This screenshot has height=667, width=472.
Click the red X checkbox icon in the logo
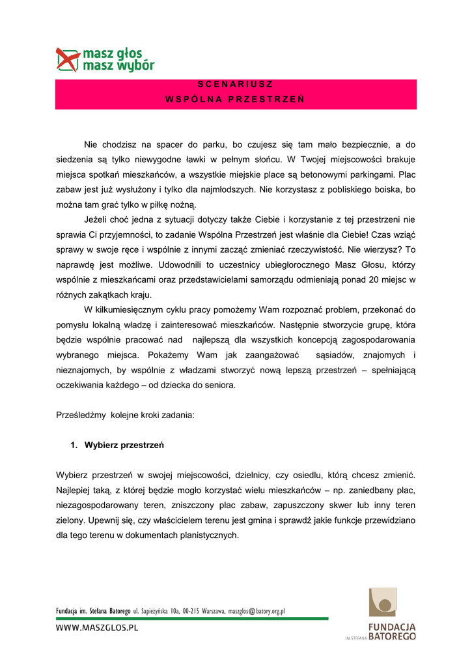point(68,59)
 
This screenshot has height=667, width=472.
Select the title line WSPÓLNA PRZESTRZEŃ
point(235,100)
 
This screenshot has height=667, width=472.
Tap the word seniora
point(218,385)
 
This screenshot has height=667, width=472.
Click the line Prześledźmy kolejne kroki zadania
point(125,415)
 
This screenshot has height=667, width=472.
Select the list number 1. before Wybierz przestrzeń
point(74,446)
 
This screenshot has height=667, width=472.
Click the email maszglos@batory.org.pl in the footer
point(256,612)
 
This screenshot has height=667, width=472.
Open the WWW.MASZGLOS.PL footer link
point(98,629)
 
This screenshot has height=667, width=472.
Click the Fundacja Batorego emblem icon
point(382,602)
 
